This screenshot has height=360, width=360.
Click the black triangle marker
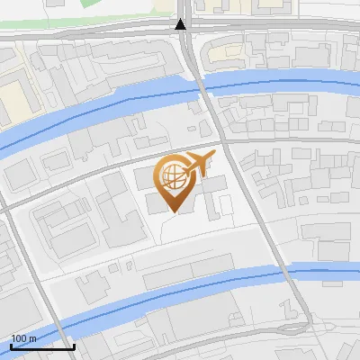coord(181,24)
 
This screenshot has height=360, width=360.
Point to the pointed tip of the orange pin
coord(173,211)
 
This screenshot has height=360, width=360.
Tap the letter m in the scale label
coord(33,337)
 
